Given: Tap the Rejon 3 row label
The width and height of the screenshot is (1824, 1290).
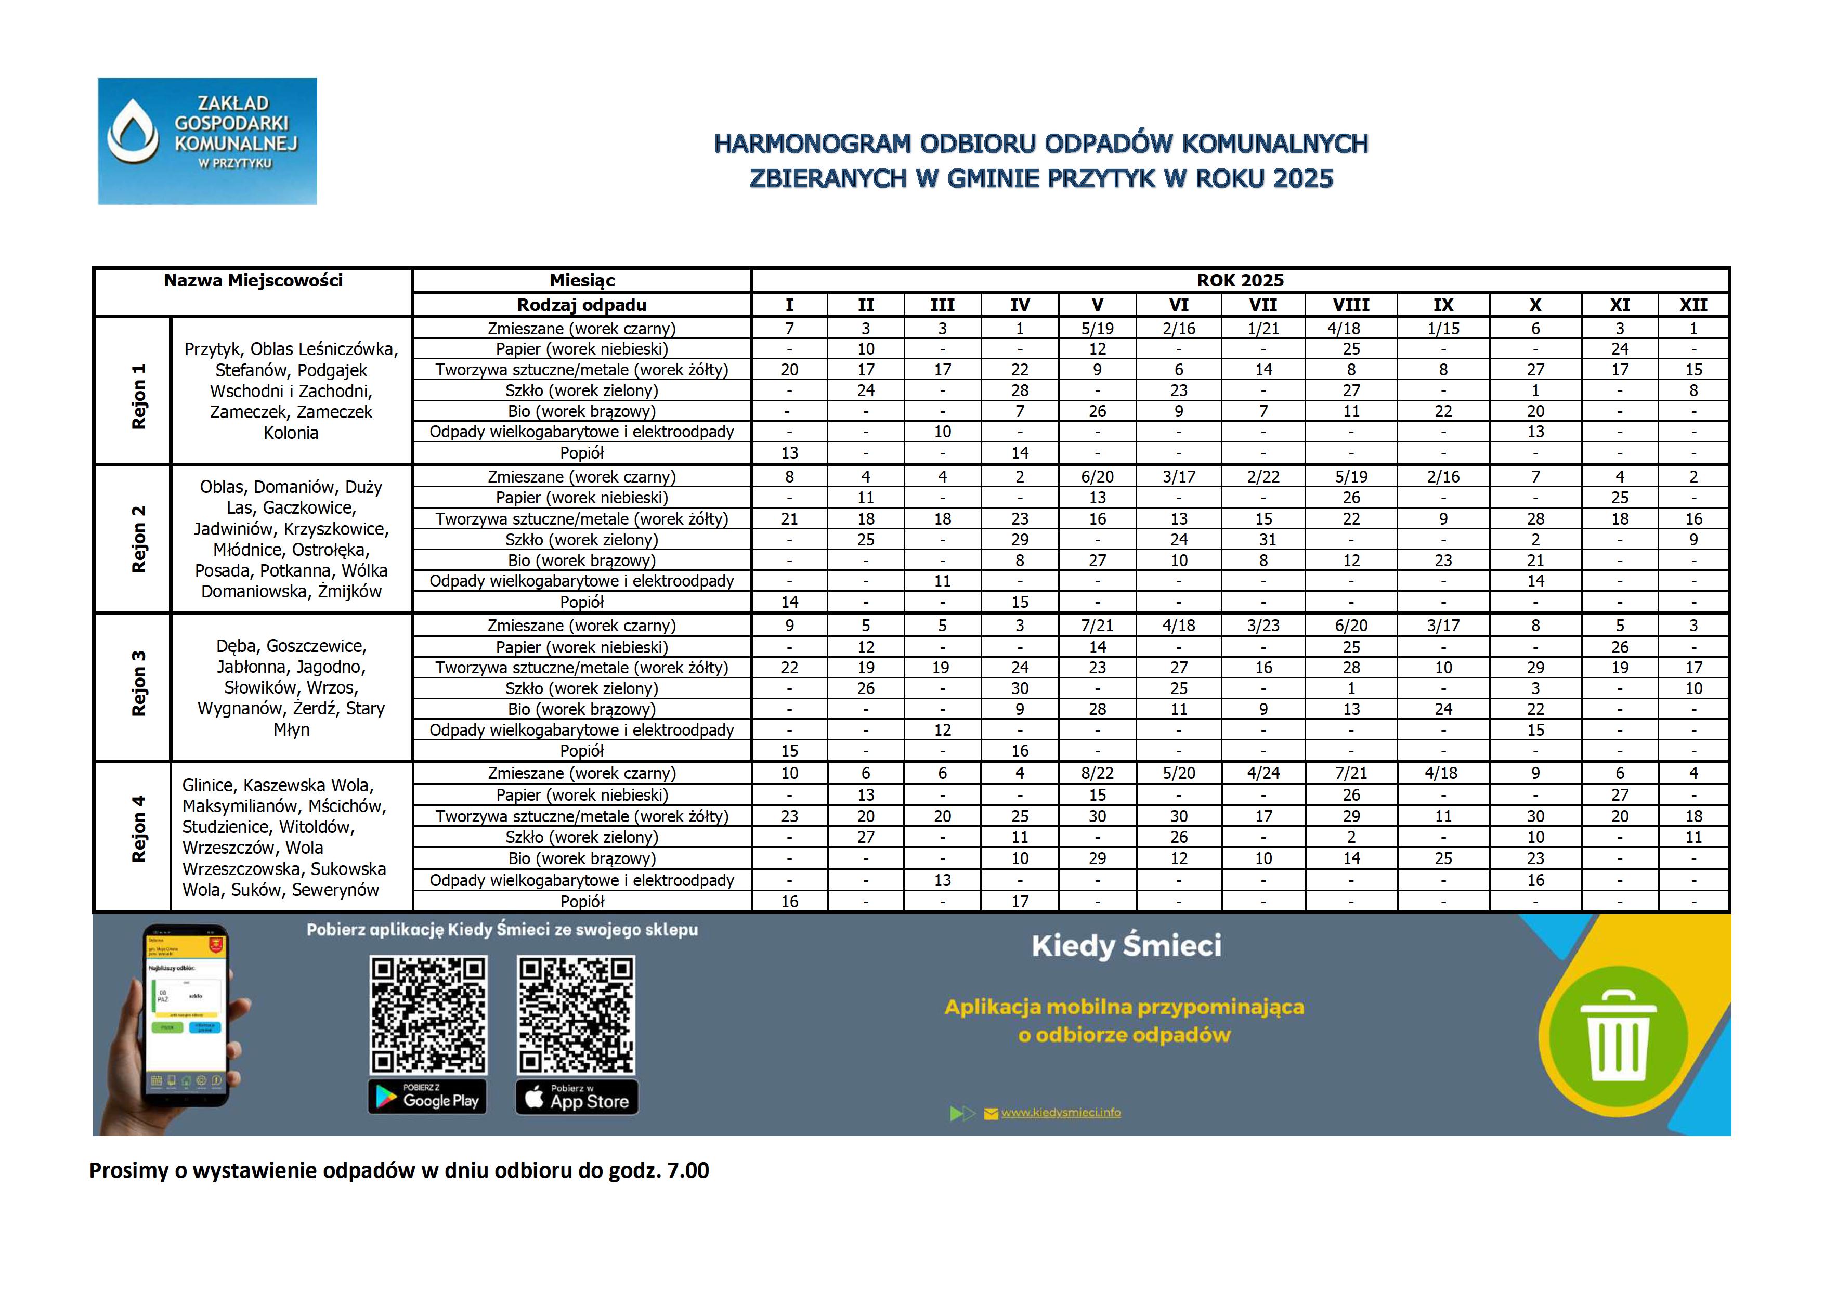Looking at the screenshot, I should [139, 684].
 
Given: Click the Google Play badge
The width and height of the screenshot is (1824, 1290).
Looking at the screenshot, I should [427, 1098].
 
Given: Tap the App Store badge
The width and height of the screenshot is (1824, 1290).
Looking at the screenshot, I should [577, 1098].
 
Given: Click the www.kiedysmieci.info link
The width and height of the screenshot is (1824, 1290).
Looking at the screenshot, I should [1061, 1113].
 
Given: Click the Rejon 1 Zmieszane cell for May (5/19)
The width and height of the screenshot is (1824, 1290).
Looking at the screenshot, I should [1097, 329].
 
